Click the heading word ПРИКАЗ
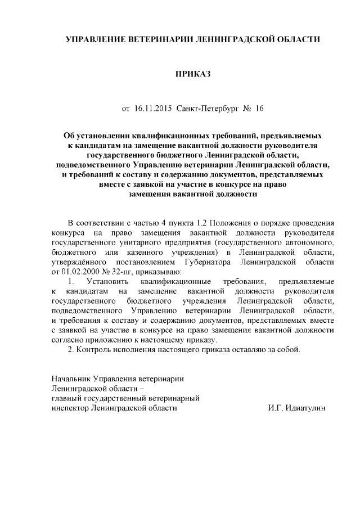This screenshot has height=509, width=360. (193, 74)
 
